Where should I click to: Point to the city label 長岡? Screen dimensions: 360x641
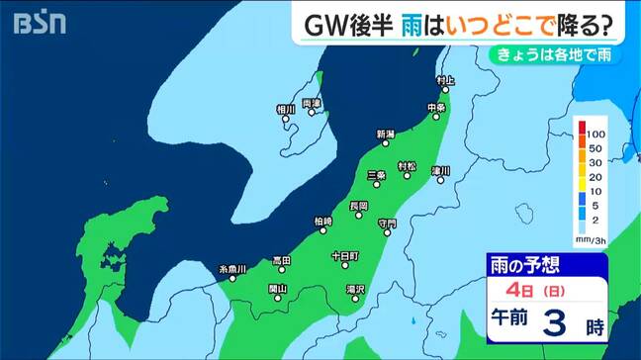359,206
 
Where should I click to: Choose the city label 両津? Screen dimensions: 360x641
312,103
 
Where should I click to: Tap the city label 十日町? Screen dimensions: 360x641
345,254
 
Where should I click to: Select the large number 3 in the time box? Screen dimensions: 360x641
557,323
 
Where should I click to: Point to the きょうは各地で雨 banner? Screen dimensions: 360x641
563,55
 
